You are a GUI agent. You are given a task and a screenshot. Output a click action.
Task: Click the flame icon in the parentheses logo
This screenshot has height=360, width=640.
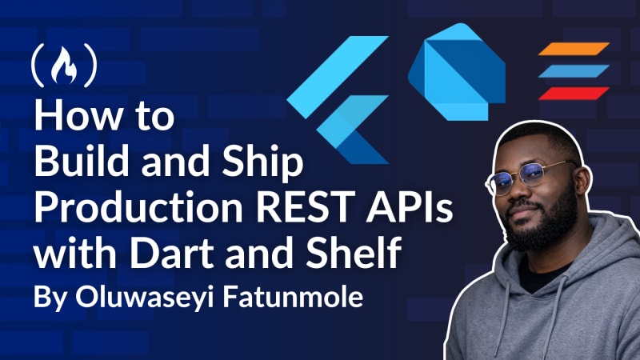click(x=64, y=65)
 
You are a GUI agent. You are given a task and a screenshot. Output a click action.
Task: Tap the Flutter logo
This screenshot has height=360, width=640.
click(x=338, y=99)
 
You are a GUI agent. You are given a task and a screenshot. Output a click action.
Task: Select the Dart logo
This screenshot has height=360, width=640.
click(x=457, y=72)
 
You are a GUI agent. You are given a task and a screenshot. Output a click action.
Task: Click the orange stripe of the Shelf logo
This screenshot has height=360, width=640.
click(x=574, y=49)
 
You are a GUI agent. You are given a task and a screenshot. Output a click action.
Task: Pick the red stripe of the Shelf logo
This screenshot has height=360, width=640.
click(x=574, y=94)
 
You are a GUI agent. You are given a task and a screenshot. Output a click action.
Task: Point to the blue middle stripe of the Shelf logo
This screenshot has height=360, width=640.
click(x=574, y=71)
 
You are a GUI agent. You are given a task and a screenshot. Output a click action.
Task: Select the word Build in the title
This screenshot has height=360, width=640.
click(x=82, y=162)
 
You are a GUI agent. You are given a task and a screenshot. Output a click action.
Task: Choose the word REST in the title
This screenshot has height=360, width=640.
click(x=306, y=207)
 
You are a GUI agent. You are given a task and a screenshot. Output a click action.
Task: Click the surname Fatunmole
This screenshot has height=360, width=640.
click(x=293, y=297)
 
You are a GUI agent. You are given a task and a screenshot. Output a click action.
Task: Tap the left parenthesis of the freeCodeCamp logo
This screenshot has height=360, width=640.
click(x=38, y=66)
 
